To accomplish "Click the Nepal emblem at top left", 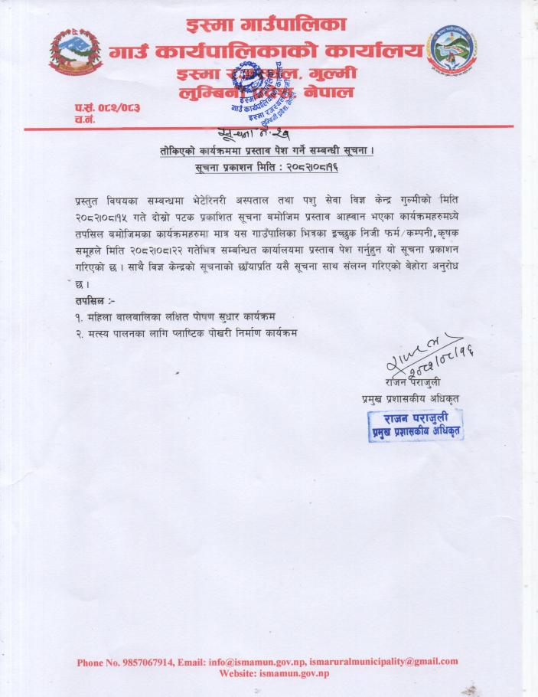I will (76, 52).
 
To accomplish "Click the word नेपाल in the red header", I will (330, 93).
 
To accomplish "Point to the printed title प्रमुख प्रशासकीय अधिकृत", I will (410, 398).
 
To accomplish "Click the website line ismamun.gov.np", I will (273, 673).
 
